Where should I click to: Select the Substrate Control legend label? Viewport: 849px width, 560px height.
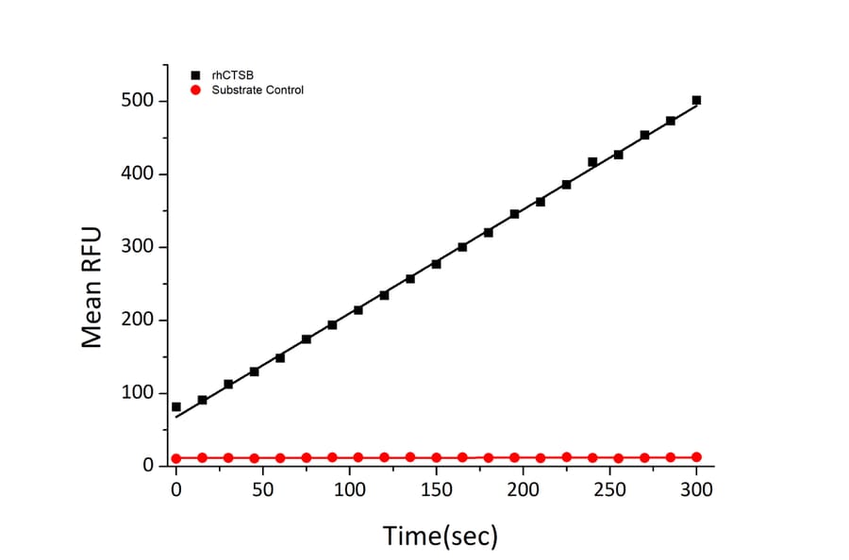click(x=258, y=90)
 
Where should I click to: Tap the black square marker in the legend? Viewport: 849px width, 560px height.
click(x=195, y=74)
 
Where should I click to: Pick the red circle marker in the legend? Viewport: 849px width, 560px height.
click(x=195, y=90)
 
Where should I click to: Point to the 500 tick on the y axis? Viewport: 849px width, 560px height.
click(x=140, y=102)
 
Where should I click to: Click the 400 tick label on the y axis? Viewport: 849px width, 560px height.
click(x=140, y=174)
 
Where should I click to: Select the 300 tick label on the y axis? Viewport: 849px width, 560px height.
click(x=140, y=247)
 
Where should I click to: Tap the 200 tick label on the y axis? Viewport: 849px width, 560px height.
click(x=140, y=321)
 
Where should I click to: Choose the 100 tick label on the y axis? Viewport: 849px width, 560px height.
click(x=140, y=393)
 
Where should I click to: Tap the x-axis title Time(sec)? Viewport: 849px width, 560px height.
click(x=440, y=535)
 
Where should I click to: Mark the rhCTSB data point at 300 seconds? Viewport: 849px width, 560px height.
click(x=696, y=100)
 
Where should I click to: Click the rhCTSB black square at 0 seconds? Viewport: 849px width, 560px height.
click(x=176, y=406)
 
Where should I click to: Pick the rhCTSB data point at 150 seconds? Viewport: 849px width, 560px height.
click(x=436, y=264)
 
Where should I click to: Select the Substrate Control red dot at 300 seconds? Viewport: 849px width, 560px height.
click(x=696, y=457)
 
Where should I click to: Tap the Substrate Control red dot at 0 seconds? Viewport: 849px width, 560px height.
click(x=176, y=458)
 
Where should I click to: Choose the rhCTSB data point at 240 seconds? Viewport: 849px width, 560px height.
click(x=592, y=162)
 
